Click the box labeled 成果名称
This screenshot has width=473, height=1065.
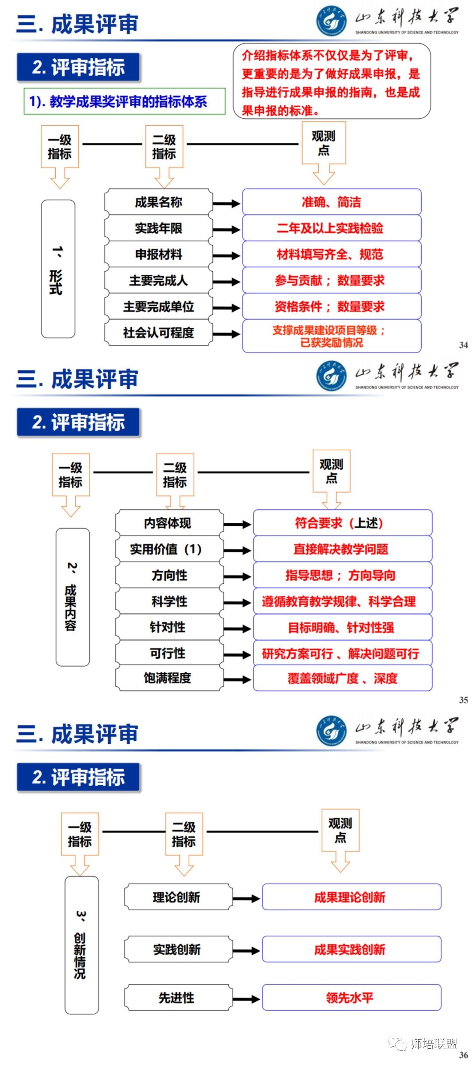tap(159, 202)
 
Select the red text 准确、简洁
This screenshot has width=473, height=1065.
tap(332, 202)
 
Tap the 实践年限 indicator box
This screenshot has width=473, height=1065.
tap(159, 228)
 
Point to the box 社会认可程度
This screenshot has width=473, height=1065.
tap(159, 333)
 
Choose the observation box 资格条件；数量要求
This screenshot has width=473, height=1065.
tap(332, 306)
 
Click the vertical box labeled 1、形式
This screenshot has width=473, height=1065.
tap(58, 269)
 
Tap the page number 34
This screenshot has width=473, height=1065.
tap(463, 345)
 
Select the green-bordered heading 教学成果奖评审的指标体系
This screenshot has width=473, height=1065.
tap(124, 102)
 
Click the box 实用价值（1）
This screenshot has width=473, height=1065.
tap(169, 549)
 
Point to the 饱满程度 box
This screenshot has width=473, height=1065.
tap(169, 678)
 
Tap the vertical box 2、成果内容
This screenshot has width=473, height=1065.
tap(72, 597)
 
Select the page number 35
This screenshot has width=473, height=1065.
tap(463, 700)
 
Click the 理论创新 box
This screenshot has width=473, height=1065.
tap(177, 897)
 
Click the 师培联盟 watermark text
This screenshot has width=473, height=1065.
tap(434, 1044)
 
